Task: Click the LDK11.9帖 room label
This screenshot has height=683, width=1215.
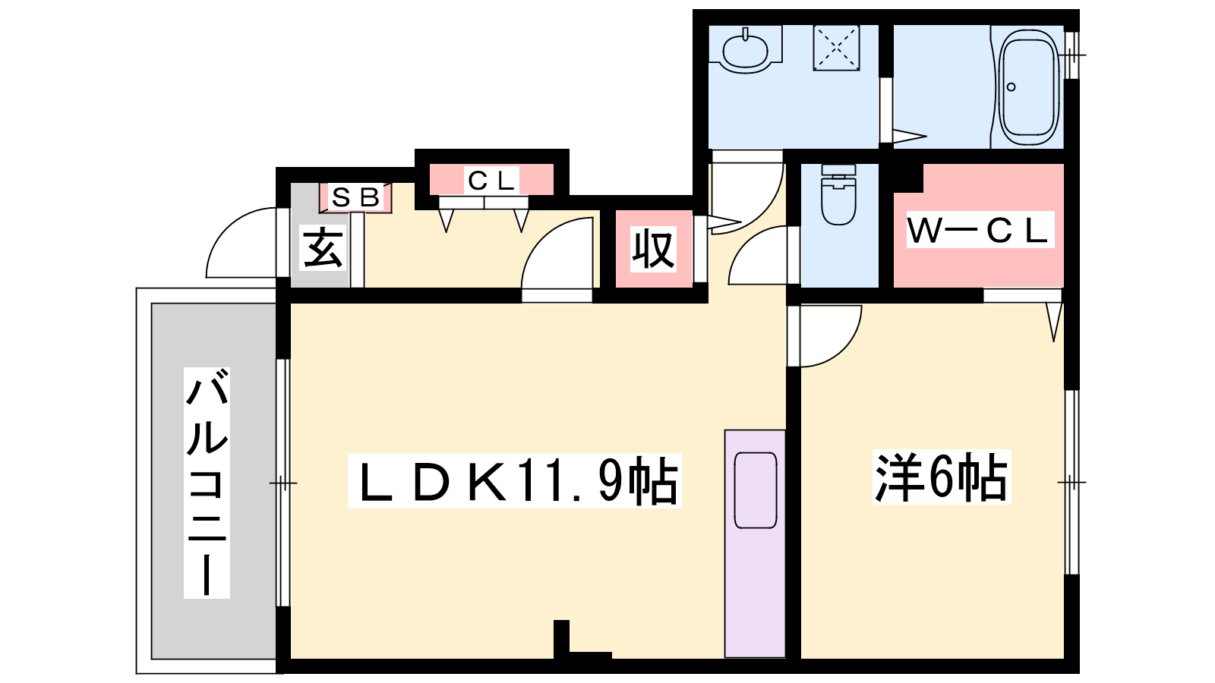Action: point(514,481)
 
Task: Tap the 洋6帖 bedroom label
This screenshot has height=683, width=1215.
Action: point(941,478)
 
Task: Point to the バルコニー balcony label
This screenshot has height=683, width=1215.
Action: point(207,483)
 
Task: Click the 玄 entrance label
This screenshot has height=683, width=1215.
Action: point(323,248)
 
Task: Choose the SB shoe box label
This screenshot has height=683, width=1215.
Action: point(355,197)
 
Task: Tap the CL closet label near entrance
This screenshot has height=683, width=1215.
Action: point(491,180)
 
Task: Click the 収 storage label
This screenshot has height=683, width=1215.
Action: point(654,250)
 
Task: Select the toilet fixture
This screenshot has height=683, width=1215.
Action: point(838,194)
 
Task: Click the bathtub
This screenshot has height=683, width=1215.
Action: point(1029,87)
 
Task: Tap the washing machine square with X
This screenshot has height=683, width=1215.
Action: point(836,48)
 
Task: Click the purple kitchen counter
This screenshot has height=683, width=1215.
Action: point(755,543)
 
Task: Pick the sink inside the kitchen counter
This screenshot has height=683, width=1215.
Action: point(756,490)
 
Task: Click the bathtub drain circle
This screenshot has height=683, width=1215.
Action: point(1011,87)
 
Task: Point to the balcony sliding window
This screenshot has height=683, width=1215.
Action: point(283,483)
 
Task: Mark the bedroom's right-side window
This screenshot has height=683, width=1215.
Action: point(1071,482)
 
